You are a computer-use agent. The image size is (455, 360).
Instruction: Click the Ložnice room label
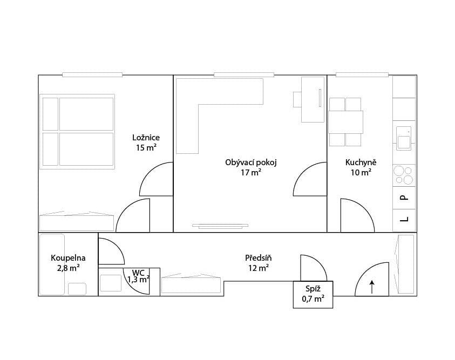pyautogui.click(x=146, y=137)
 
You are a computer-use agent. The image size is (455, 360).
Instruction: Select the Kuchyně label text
pyautogui.click(x=361, y=162)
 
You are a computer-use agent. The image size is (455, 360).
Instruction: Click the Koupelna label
pyautogui.click(x=68, y=257)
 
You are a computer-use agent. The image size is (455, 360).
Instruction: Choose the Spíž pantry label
pyautogui.click(x=313, y=289)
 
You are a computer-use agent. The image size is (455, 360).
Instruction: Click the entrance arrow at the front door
pyautogui.click(x=372, y=287)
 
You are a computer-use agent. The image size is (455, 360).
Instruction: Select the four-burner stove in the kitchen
pyautogui.click(x=403, y=175)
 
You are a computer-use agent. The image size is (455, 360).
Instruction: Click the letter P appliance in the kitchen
pyautogui.click(x=404, y=198)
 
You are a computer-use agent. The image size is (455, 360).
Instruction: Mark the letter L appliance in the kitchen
pyautogui.click(x=404, y=219)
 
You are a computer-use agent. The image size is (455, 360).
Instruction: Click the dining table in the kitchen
pyautogui.click(x=345, y=122)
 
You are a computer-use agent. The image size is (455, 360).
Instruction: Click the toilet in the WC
pyautogui.click(x=111, y=283)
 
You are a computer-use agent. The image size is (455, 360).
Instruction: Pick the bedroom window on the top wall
pyautogui.click(x=93, y=74)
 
